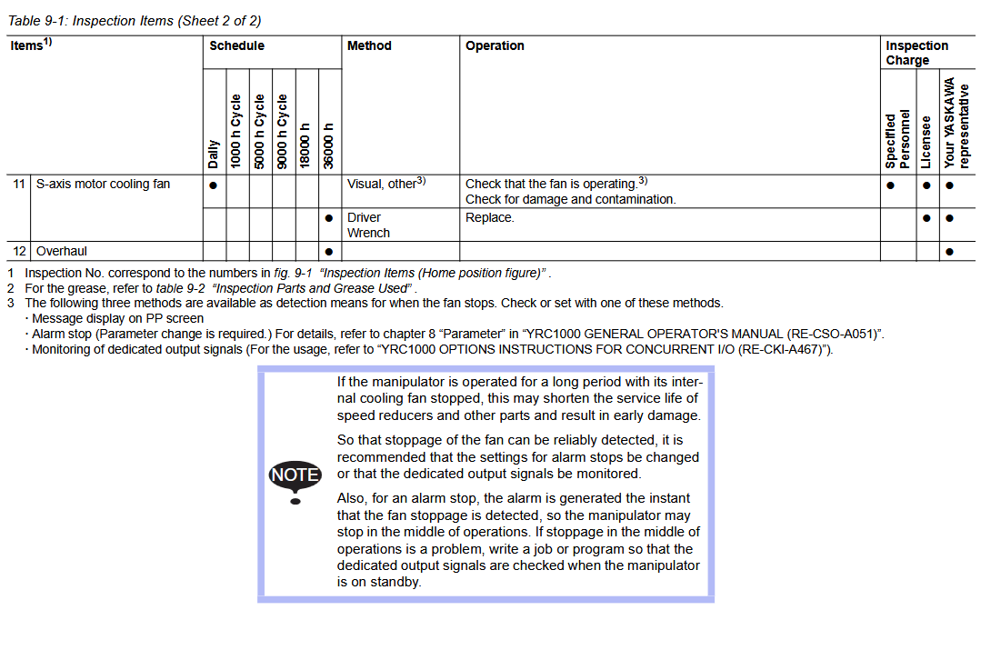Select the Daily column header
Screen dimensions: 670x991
(214, 153)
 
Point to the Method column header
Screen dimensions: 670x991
(369, 45)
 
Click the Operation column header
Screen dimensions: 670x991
(495, 45)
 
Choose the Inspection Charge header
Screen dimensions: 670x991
(916, 53)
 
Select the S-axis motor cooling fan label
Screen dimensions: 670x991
(103, 184)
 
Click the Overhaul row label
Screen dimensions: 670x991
(62, 251)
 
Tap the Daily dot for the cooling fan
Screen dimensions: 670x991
(213, 185)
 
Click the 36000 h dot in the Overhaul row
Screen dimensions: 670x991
(329, 252)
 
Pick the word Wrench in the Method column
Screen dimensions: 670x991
(368, 233)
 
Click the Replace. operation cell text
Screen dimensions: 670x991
(490, 217)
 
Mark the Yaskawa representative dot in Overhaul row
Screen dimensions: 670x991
(949, 252)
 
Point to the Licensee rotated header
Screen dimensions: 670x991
(926, 141)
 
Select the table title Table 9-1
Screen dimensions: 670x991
(135, 21)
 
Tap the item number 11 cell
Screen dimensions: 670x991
(19, 184)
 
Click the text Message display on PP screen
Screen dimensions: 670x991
(118, 318)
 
